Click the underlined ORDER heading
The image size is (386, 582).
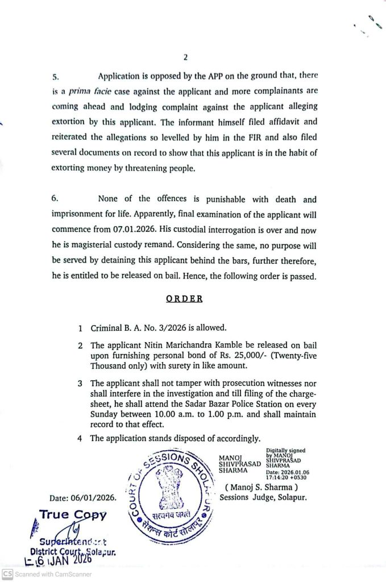point(184,298)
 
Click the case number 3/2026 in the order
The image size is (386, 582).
point(157,329)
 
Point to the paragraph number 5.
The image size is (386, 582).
point(55,76)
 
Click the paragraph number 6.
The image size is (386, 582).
point(55,199)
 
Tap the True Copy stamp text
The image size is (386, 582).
point(73,515)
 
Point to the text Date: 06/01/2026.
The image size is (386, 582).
point(83,498)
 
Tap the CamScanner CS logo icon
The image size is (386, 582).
point(7,574)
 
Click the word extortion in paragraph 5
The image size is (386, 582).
point(70,122)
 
